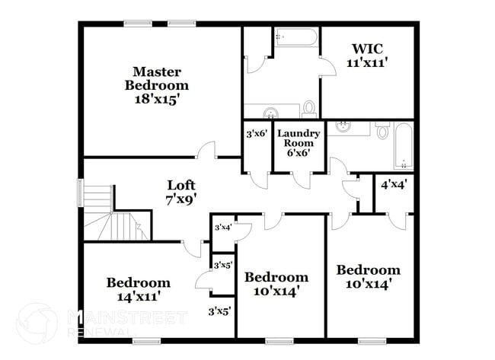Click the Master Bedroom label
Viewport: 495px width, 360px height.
(157, 85)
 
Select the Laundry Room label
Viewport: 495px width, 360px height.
(302, 143)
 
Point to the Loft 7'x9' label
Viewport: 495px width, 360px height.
(181, 192)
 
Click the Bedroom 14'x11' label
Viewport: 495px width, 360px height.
(138, 288)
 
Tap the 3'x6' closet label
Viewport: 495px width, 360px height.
(255, 134)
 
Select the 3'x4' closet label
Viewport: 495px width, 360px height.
(222, 228)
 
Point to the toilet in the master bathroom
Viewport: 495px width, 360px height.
(309, 110)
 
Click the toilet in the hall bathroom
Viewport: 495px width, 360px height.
(382, 131)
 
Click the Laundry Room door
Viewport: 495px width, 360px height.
(302, 180)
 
